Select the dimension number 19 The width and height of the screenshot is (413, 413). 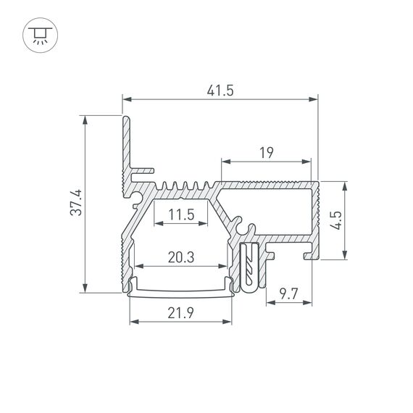point(266,151)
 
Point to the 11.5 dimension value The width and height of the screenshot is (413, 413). point(180,214)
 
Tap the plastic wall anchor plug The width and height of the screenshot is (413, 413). point(250,268)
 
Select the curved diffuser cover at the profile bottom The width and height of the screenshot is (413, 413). point(180,292)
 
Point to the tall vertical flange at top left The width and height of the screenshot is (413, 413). point(126,145)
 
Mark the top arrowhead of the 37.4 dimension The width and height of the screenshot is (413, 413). point(85,119)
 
